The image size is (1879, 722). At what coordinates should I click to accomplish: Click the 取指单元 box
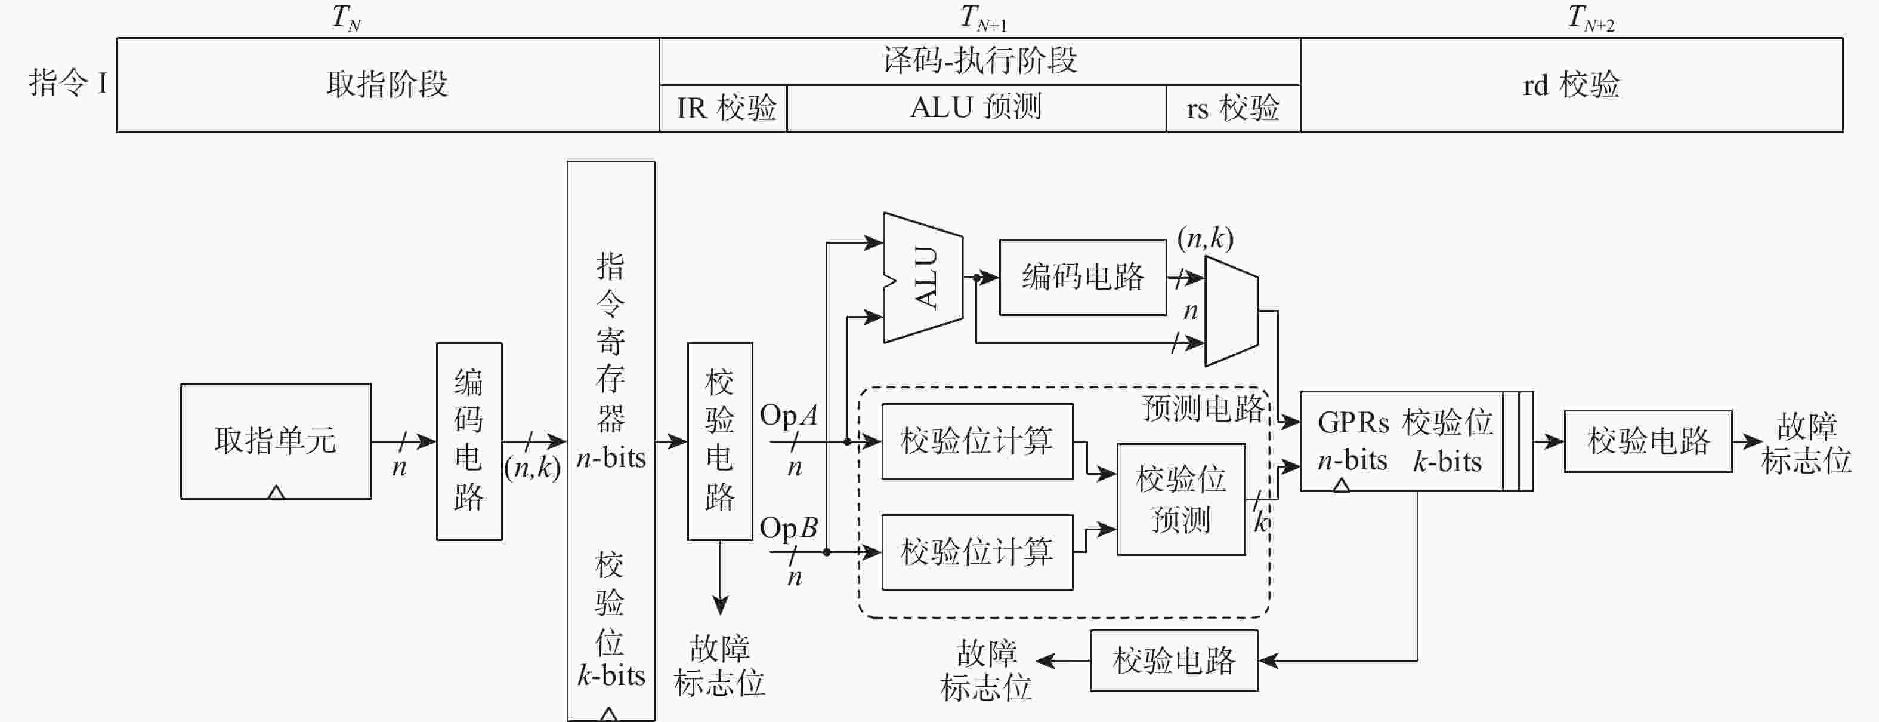[x=276, y=441]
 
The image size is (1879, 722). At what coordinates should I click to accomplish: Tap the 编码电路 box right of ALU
[x=1083, y=278]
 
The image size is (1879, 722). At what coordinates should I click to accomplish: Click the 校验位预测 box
[x=1180, y=499]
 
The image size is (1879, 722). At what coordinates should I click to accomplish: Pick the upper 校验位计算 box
[x=976, y=441]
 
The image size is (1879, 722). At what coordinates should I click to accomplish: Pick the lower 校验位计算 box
[x=976, y=552]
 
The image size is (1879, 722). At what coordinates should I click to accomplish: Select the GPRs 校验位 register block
[x=1404, y=441]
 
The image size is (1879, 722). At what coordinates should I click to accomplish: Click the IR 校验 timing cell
[x=724, y=108]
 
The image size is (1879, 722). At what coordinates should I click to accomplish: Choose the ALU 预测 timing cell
[x=976, y=107]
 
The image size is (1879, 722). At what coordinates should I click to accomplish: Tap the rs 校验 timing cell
[x=1233, y=108]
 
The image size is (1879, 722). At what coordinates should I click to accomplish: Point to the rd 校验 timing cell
[x=1571, y=85]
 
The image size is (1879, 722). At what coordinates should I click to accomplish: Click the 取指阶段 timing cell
[x=387, y=85]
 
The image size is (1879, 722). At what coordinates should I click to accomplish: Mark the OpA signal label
[x=789, y=416]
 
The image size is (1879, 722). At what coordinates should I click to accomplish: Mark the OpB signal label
[x=789, y=527]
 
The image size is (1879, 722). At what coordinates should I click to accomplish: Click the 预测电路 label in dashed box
[x=1202, y=409]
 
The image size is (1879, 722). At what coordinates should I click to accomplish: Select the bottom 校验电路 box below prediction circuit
[x=1174, y=660]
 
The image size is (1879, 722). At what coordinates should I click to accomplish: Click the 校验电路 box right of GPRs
[x=1648, y=441]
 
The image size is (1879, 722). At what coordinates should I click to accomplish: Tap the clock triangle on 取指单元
[x=276, y=493]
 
